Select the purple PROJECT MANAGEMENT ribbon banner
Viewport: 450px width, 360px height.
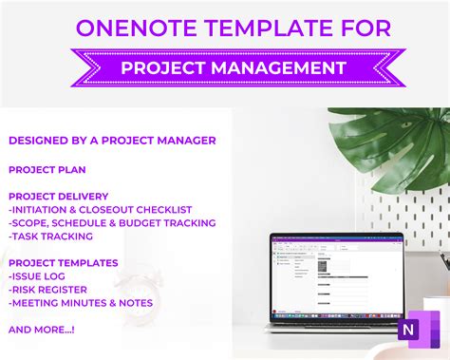pyautogui.click(x=225, y=68)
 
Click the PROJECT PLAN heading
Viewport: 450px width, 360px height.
pyautogui.click(x=47, y=169)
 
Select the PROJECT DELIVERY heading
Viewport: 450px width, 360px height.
pyautogui.click(x=60, y=197)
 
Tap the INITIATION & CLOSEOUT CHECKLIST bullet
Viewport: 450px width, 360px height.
pyautogui.click(x=100, y=210)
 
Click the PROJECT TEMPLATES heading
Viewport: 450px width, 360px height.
pyautogui.click(x=64, y=263)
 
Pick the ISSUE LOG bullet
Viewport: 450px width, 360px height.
pyautogui.click(x=39, y=276)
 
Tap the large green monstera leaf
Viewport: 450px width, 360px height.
pyautogui.click(x=389, y=142)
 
